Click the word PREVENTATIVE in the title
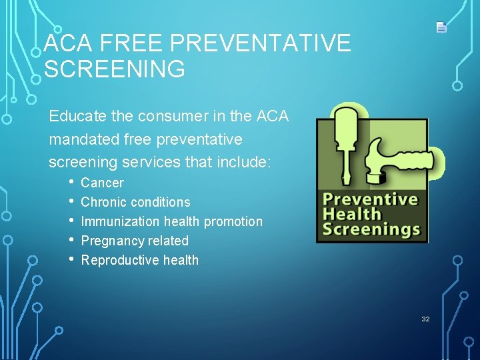tap(260, 44)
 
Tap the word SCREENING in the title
tap(114, 69)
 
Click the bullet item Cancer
tap(102, 183)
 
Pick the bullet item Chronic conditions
tap(135, 202)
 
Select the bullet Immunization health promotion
tap(171, 221)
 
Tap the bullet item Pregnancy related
tap(135, 241)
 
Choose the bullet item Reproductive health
tap(139, 260)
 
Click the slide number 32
tap(425, 319)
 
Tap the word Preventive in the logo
tap(370, 199)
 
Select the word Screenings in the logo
tap(371, 230)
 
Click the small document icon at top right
tap(441, 27)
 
